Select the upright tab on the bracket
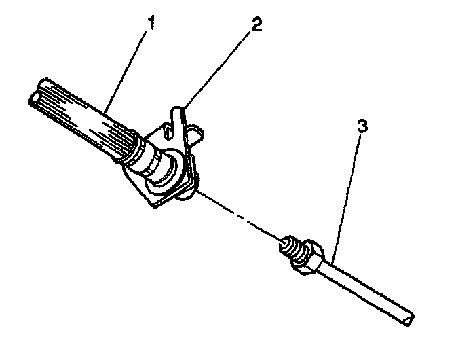point(177,115)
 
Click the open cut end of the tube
point(407,317)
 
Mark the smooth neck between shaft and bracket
point(152,160)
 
